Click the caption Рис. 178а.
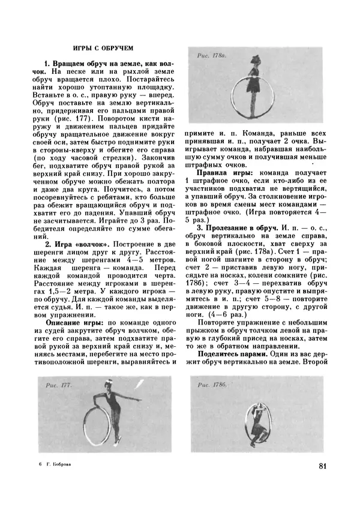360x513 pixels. pos(212,56)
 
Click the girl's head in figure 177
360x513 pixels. pos(107,389)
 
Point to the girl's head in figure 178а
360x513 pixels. pos(256,59)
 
